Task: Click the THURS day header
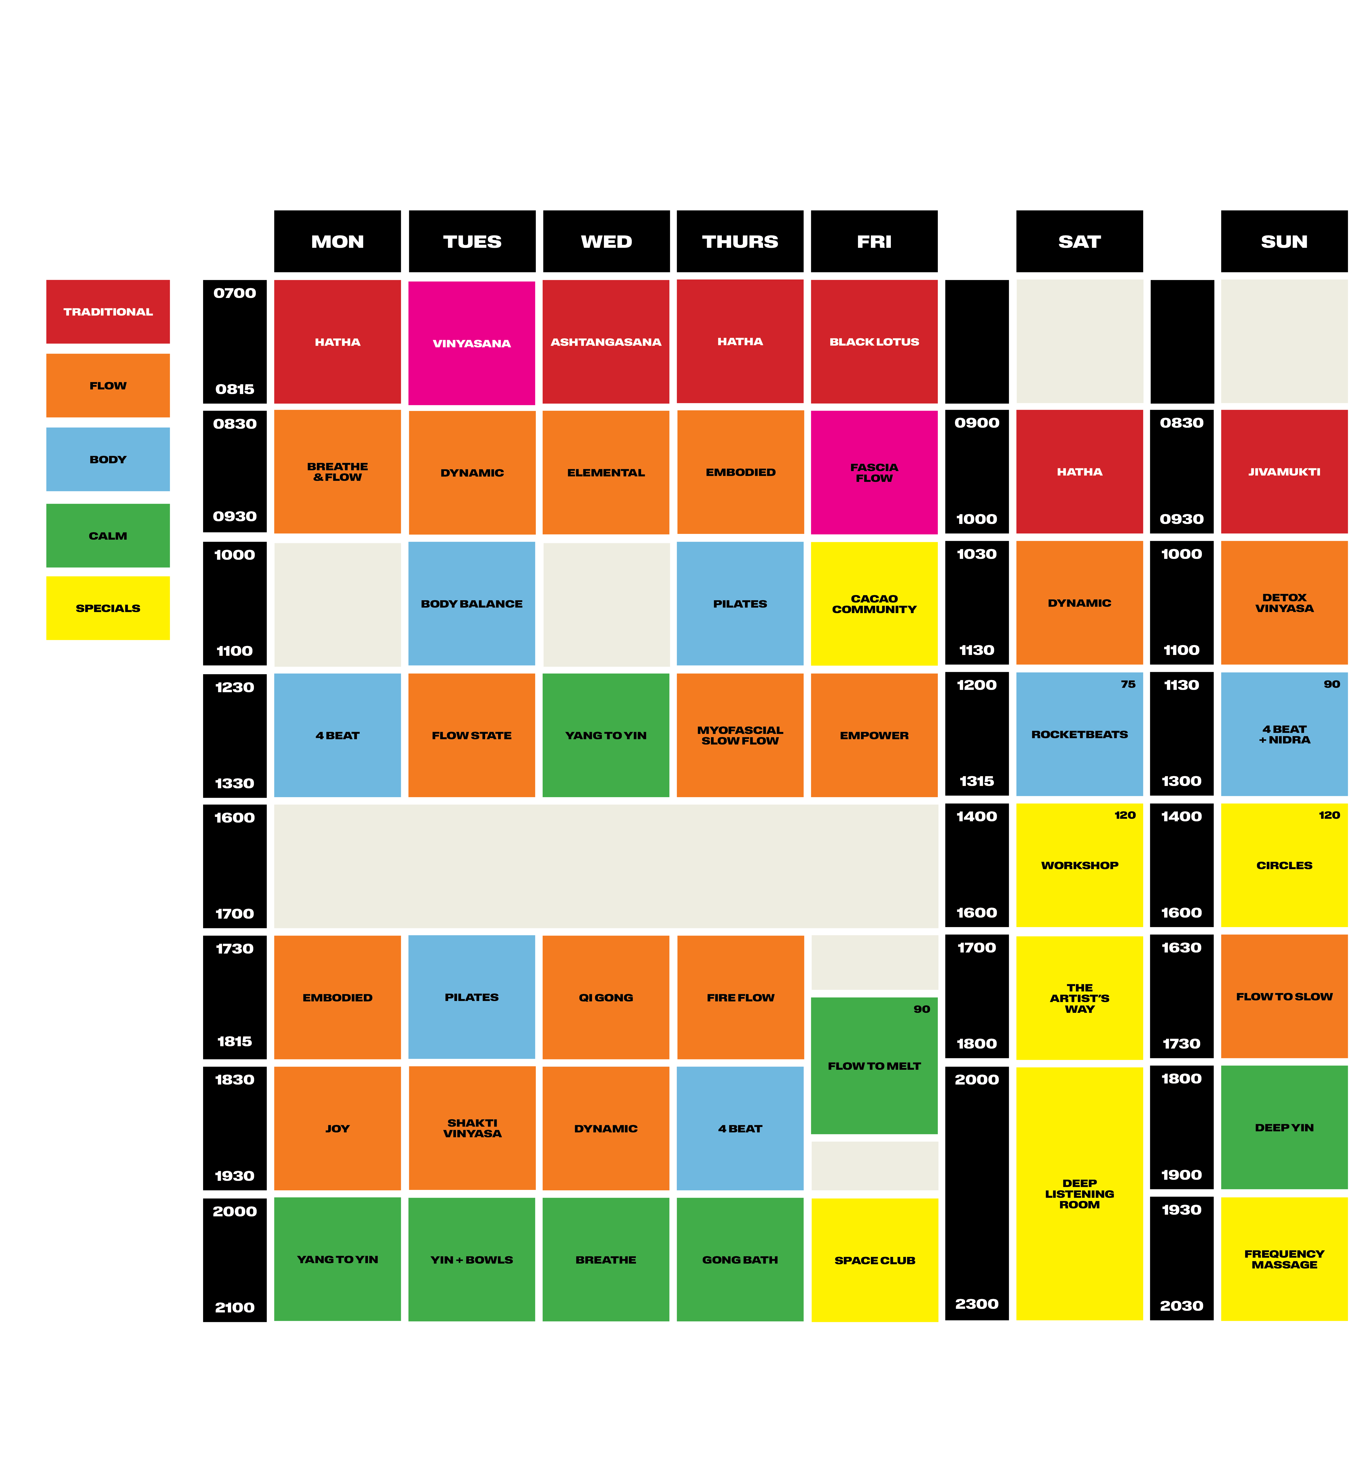pos(740,242)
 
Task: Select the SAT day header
pos(1079,242)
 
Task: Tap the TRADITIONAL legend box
pos(108,311)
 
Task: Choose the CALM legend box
pos(108,535)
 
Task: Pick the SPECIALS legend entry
pos(108,608)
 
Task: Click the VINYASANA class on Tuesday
pos(472,343)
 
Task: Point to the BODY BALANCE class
pos(472,603)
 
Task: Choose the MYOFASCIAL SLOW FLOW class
pos(740,735)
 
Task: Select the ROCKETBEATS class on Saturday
pos(1079,734)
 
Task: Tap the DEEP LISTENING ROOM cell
pos(1079,1193)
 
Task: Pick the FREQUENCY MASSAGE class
pos(1284,1259)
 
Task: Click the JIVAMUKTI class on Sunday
pos(1284,472)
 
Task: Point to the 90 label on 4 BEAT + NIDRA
pos(1331,684)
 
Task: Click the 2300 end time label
pos(977,1303)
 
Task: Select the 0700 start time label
pos(234,293)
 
